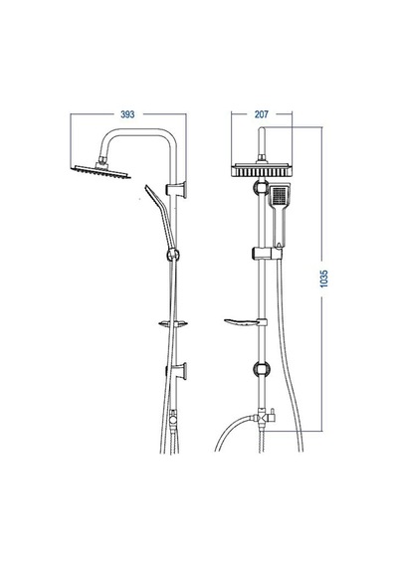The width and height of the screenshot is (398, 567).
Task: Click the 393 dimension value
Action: (127, 114)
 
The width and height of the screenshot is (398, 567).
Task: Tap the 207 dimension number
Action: (262, 114)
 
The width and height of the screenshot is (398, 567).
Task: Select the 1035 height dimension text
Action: (324, 279)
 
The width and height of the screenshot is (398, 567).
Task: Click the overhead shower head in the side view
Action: (100, 172)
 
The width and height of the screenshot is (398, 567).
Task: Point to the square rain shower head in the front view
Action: (262, 170)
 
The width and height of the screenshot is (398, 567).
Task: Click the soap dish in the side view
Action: (173, 323)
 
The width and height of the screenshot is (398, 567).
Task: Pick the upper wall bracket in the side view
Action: (176, 190)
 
